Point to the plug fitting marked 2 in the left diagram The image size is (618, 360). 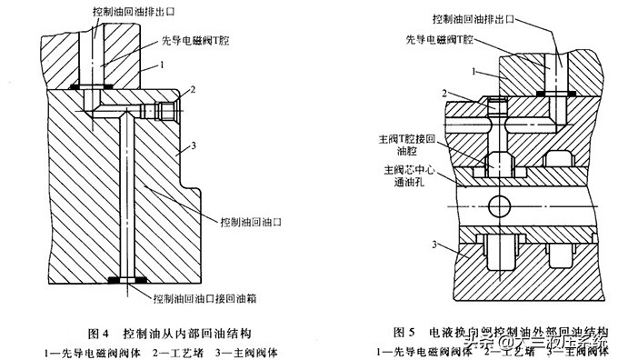164,111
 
